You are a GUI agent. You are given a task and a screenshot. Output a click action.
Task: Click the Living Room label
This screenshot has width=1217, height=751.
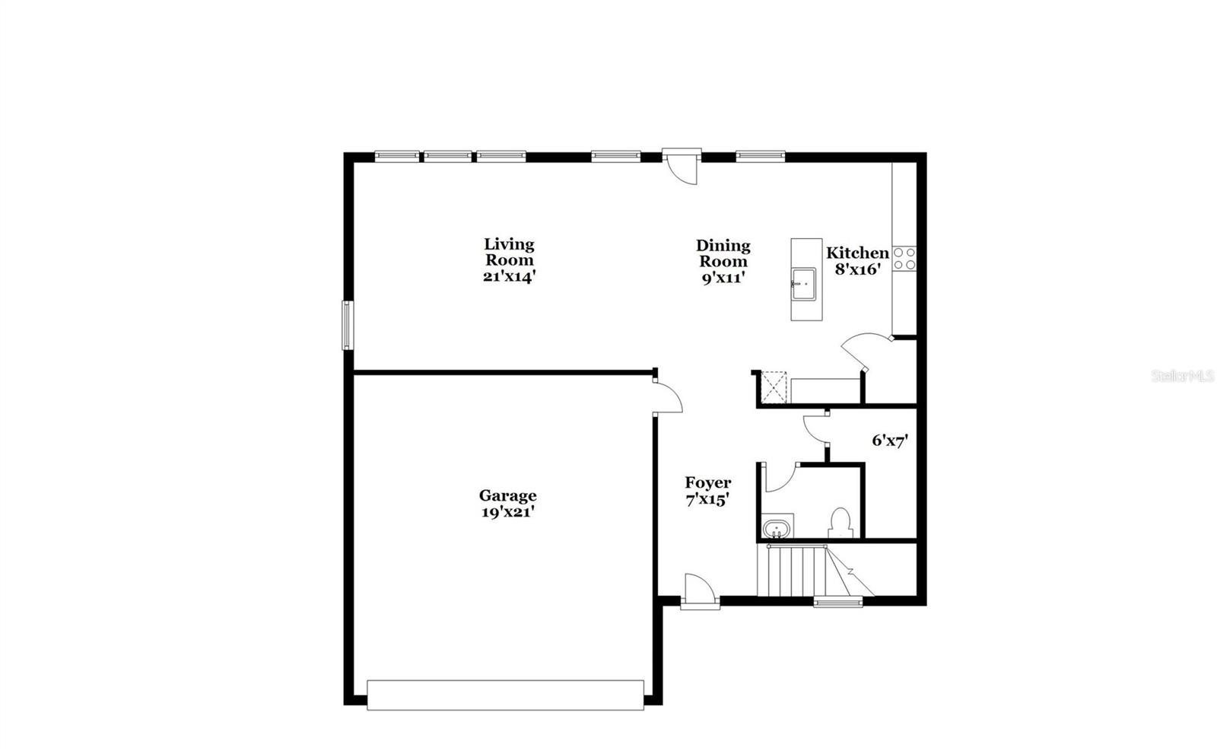509,260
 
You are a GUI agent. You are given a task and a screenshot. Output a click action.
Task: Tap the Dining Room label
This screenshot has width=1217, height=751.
723,261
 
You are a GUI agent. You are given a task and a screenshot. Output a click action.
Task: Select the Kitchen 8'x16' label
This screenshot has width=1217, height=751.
857,260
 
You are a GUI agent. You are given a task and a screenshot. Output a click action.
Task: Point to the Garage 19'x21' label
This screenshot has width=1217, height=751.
507,504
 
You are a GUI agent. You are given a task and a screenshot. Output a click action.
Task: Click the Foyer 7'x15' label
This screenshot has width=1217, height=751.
707,491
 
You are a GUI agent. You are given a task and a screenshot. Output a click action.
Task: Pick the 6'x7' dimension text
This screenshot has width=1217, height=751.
890,440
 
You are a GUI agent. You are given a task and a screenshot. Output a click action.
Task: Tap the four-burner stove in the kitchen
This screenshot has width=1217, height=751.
904,259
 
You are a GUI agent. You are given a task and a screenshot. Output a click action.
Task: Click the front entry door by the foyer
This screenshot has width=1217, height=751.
699,592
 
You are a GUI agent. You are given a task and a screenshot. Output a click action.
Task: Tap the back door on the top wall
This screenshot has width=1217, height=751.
681,166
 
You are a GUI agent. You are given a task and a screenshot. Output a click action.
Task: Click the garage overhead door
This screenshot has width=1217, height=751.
505,694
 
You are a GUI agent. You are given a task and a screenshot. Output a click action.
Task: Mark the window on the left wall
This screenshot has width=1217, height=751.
347,325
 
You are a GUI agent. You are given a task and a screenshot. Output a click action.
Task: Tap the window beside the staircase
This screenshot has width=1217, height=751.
838,602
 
